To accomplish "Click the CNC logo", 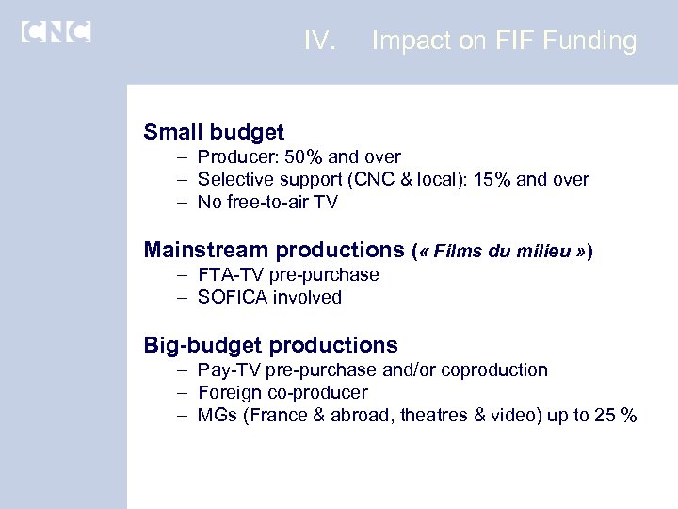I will (56, 31).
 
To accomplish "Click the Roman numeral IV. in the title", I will (320, 41).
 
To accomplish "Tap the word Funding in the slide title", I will (590, 41).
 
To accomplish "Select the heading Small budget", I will (214, 131).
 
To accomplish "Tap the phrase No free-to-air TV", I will (267, 203).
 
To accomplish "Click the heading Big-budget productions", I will (271, 345).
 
